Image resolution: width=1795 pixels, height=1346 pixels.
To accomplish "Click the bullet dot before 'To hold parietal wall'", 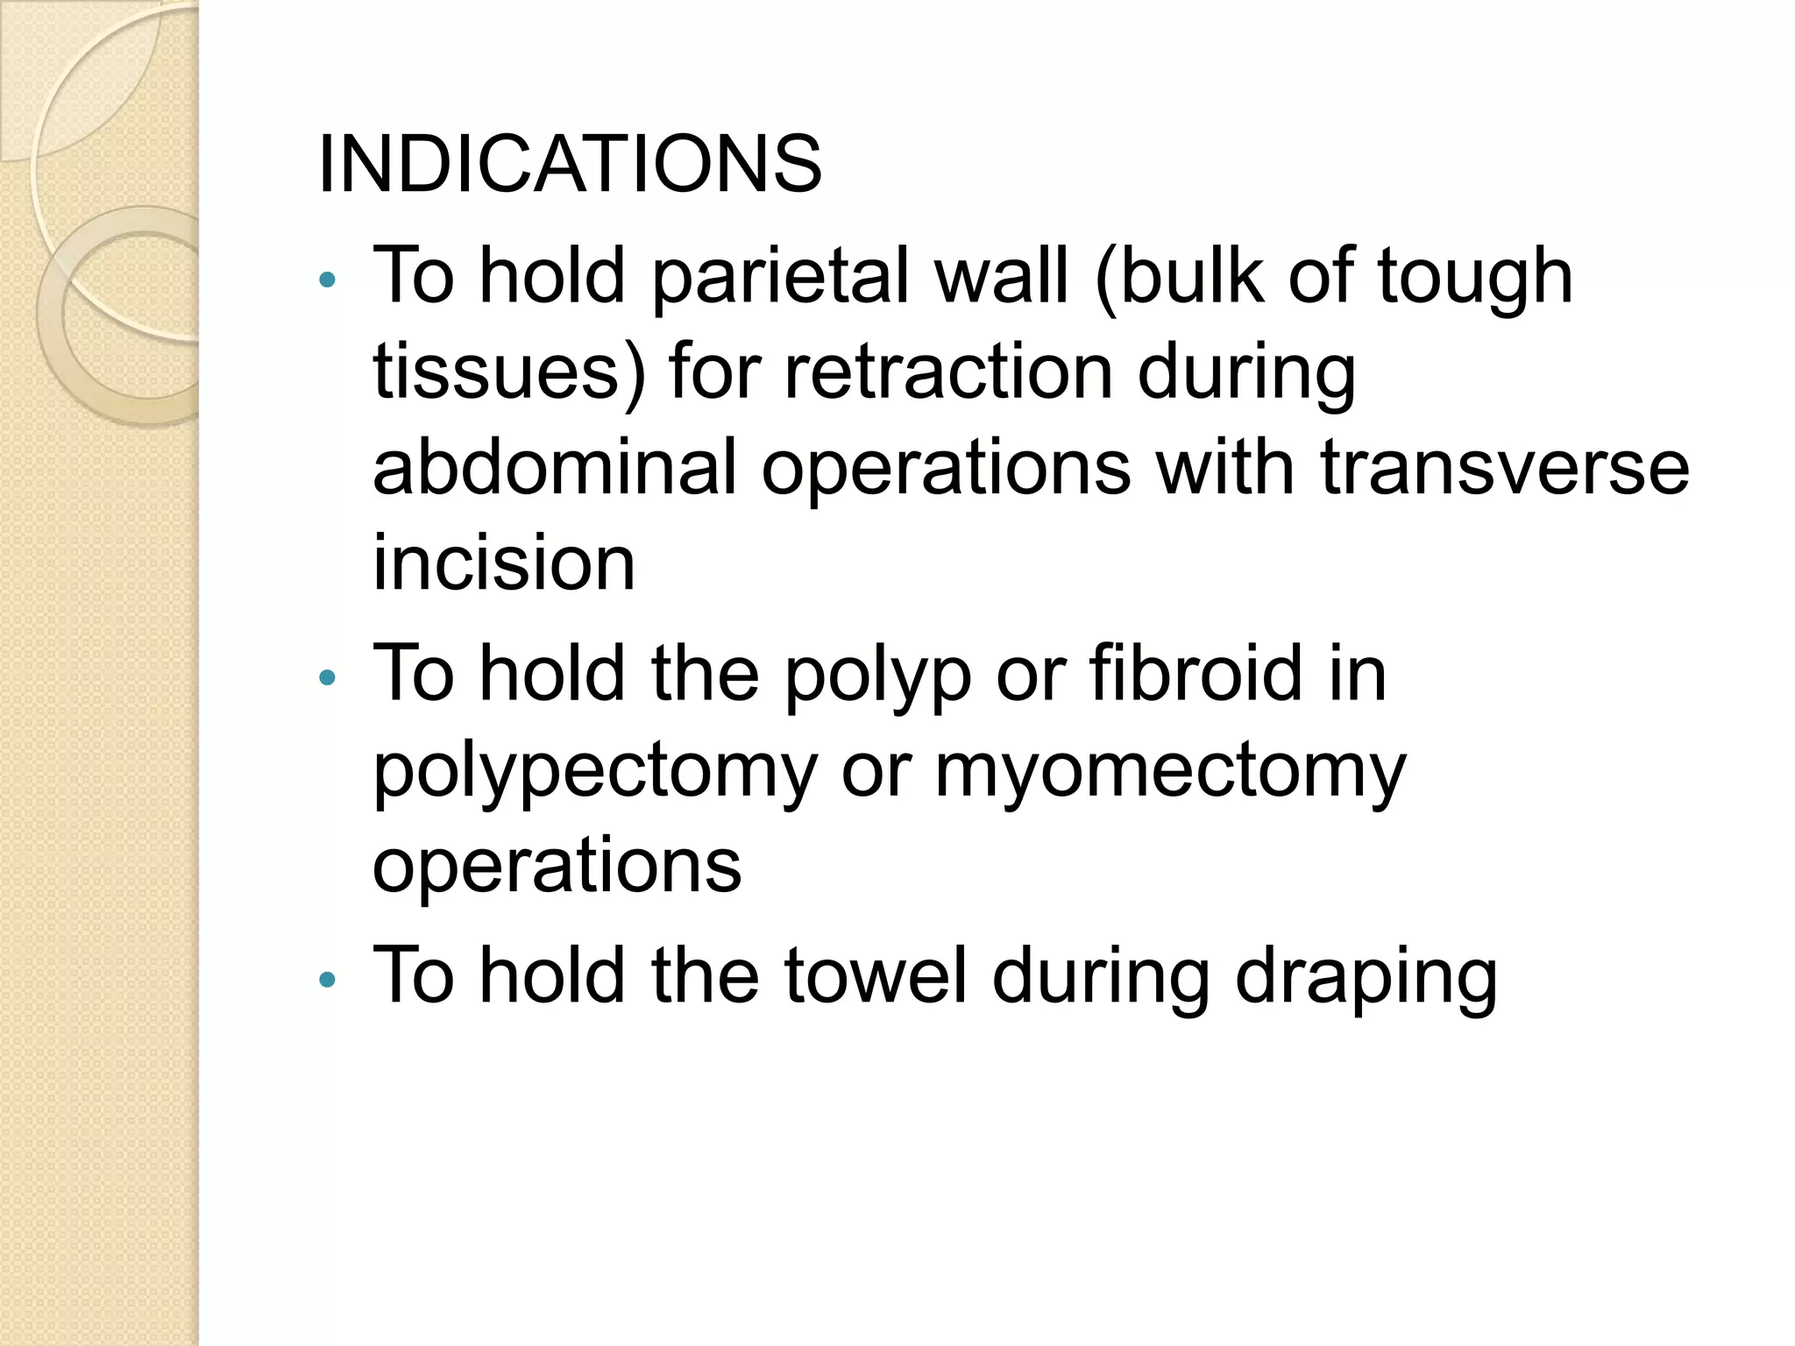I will coord(328,280).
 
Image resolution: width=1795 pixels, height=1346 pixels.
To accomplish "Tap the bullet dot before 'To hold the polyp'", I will coord(328,677).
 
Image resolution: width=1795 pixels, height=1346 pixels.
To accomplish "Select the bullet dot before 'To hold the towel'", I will coord(328,980).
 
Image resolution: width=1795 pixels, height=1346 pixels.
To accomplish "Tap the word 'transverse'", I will coord(1504,469).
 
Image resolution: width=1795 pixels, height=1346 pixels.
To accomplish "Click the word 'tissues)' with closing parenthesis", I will coord(509,372).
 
